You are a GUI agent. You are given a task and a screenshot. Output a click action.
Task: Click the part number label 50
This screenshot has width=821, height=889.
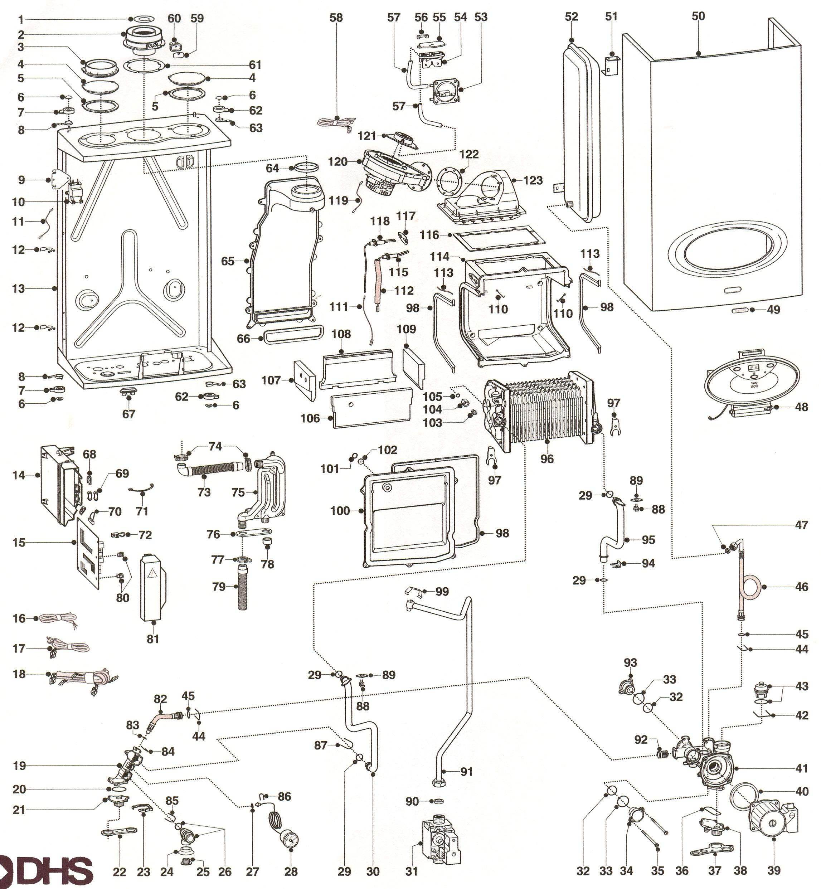tap(698, 16)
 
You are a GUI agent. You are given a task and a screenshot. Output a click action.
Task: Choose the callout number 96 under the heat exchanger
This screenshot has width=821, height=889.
tap(547, 459)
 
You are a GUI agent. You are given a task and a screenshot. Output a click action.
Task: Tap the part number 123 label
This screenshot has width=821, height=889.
tap(533, 180)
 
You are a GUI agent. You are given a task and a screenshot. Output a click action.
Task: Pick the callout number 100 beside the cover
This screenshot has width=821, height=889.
tap(340, 511)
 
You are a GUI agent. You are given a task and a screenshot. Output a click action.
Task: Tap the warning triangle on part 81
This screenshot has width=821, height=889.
tap(152, 573)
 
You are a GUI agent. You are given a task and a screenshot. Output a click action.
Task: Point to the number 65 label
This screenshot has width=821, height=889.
tap(228, 261)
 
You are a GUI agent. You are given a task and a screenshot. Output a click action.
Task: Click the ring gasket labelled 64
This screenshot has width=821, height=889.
tap(307, 168)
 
